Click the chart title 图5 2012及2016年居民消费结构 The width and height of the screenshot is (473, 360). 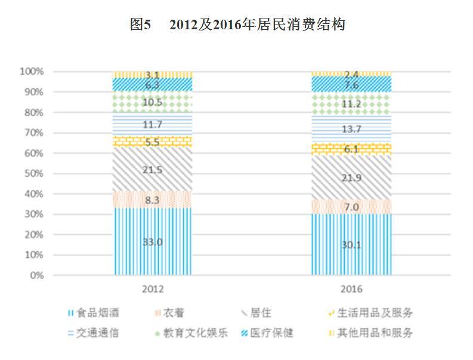pos(237,25)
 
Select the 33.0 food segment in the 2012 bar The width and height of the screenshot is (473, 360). pos(153,242)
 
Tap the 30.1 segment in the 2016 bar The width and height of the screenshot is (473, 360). pos(351,245)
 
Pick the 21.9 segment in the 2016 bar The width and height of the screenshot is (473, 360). pos(351,177)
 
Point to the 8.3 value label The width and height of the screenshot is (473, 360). pos(153,201)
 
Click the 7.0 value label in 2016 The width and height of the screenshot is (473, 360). pos(351,207)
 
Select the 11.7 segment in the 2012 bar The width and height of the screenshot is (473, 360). pos(153,125)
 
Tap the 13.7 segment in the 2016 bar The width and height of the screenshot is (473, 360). pos(351,129)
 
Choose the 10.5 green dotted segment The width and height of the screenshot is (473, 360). pos(153,102)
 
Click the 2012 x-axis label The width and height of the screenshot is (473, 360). pos(153,289)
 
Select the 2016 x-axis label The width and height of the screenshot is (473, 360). pos(351,289)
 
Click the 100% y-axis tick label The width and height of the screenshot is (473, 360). pos(32,72)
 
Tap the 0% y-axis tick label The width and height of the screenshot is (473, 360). pos(36,276)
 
